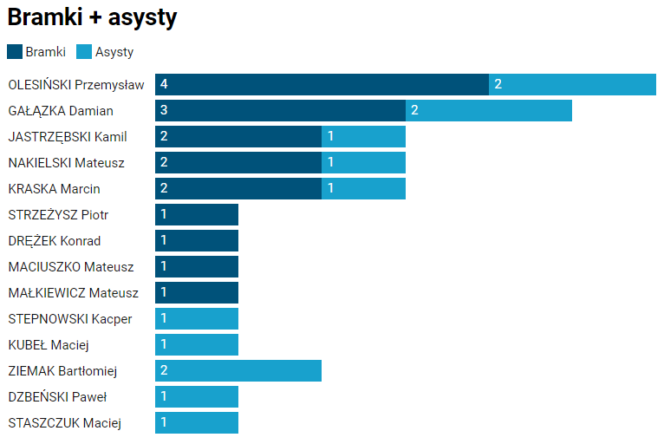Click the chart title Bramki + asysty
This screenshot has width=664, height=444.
point(92,18)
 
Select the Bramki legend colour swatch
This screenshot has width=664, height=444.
point(15,52)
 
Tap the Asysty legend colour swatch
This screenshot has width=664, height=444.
point(84,52)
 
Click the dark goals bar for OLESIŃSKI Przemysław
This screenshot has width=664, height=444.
point(322,84)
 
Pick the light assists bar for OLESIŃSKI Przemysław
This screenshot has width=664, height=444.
point(572,84)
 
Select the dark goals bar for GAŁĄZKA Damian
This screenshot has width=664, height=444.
point(280,110)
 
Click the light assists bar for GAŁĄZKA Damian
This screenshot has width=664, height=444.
point(489,110)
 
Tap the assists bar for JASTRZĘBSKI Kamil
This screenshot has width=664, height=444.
point(363,136)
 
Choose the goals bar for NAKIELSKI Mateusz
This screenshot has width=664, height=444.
point(238,162)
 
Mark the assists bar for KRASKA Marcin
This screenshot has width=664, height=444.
point(363,188)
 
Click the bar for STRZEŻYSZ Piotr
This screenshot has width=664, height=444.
point(197,214)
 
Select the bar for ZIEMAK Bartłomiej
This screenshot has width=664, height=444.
point(238,370)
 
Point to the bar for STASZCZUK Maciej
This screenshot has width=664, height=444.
point(197,422)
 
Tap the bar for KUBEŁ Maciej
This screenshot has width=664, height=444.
point(197,344)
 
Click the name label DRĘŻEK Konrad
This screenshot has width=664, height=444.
point(54,241)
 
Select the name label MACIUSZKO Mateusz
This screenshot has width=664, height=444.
point(71,267)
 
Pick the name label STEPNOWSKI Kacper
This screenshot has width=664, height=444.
point(70,319)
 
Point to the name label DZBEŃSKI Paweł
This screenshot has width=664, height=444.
point(57,397)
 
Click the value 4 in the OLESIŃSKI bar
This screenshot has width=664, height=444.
point(164,84)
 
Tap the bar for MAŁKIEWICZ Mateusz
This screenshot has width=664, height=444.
point(197,292)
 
